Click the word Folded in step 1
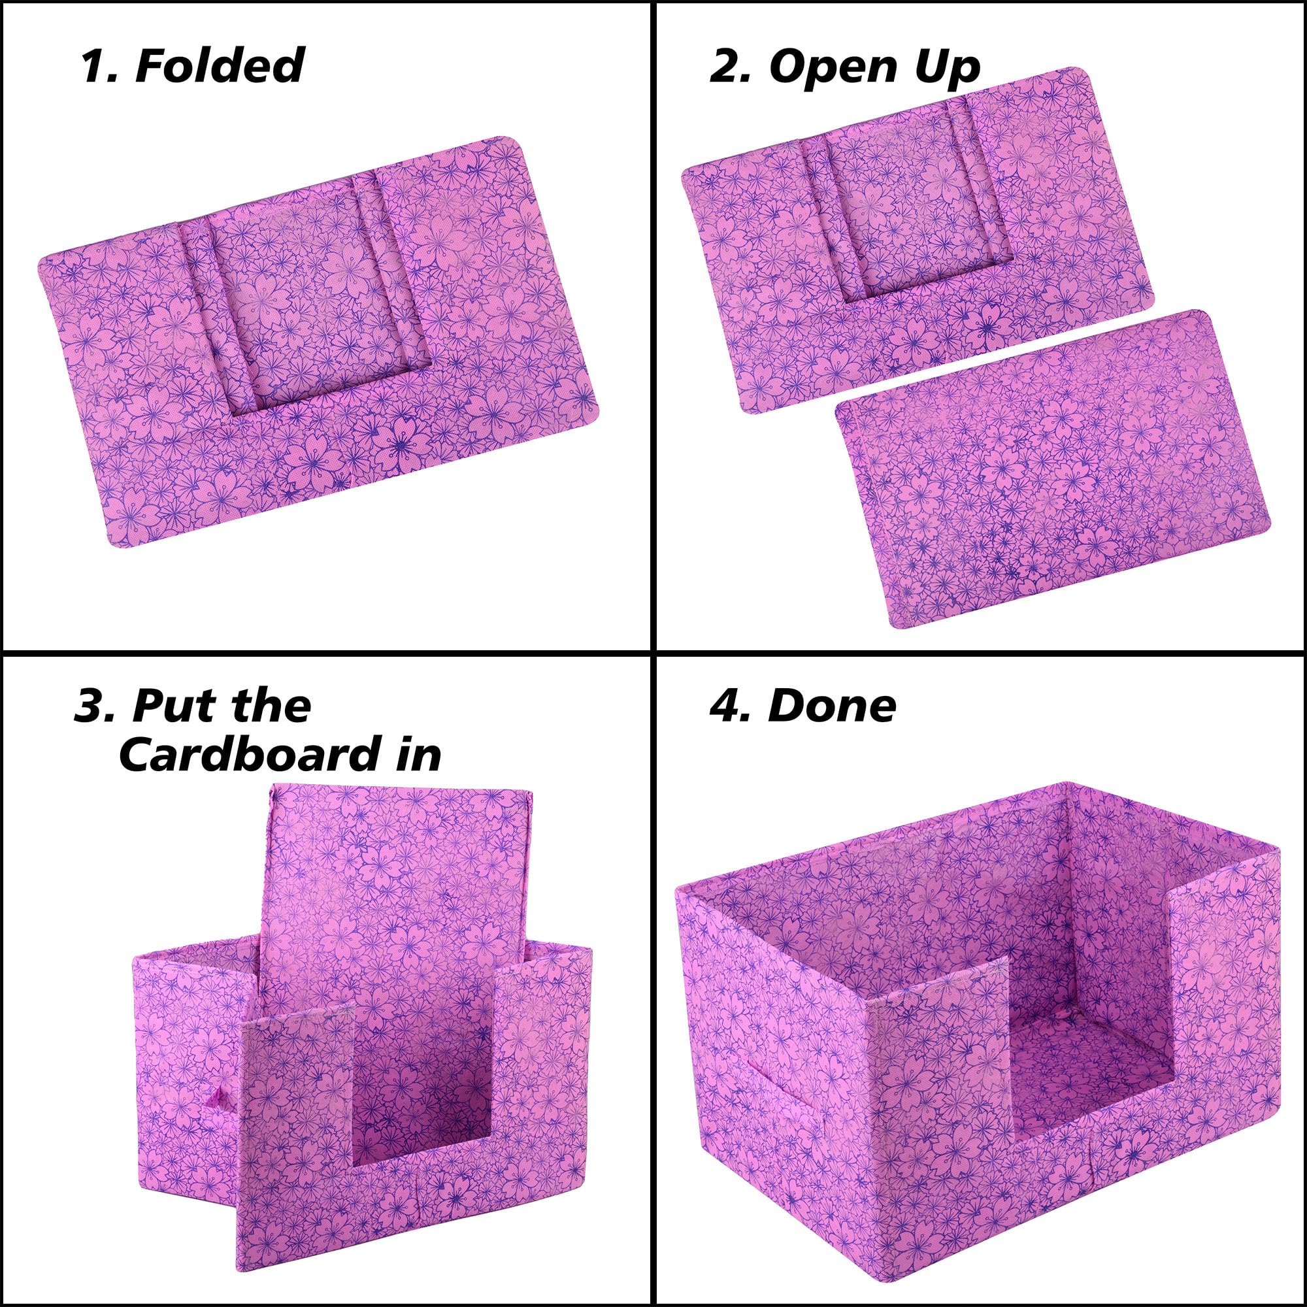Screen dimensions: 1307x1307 click(x=219, y=65)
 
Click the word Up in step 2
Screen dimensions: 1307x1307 click(x=946, y=69)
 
